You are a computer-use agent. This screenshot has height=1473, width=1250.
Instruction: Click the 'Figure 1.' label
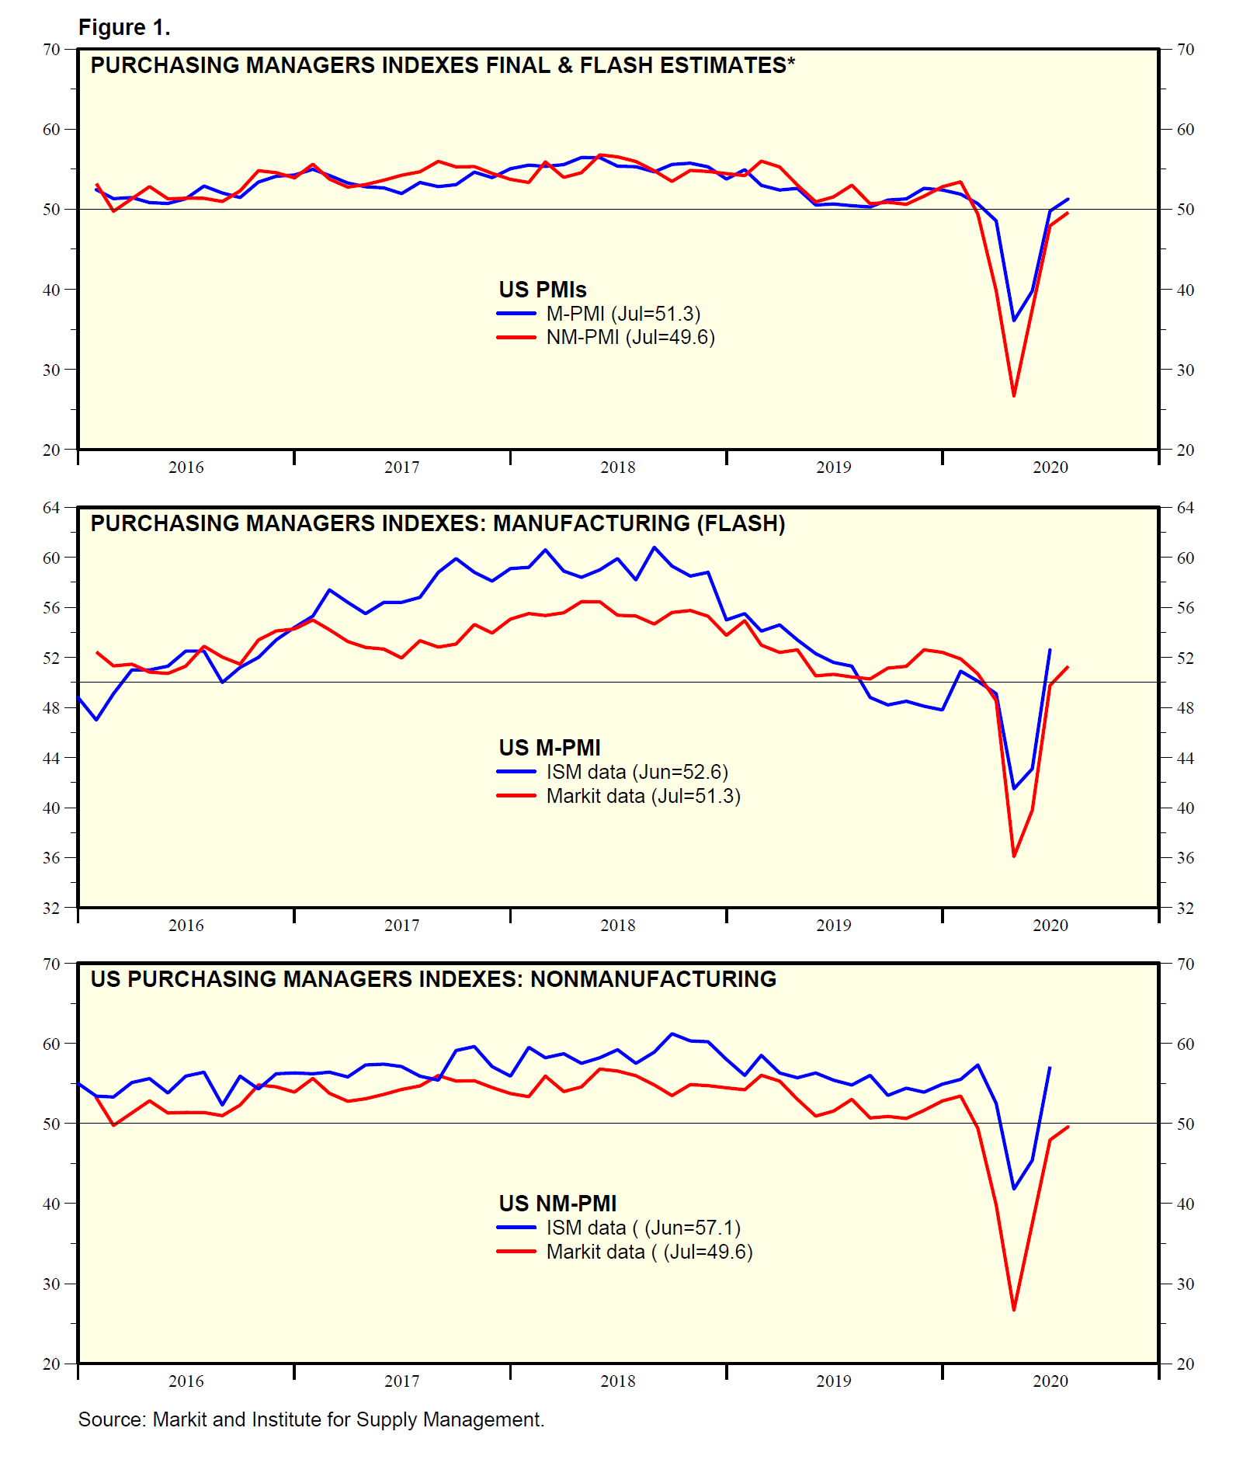click(124, 28)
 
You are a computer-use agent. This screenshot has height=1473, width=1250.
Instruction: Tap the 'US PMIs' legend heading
click(542, 290)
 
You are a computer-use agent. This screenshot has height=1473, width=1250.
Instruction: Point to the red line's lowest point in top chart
click(1014, 396)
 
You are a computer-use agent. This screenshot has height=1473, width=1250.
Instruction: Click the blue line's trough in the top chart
click(1014, 320)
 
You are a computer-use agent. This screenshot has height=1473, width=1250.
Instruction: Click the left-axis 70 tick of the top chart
click(51, 50)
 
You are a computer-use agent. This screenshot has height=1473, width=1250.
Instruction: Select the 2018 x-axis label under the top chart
click(617, 467)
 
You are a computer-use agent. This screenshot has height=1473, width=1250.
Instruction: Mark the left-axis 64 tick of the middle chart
click(51, 508)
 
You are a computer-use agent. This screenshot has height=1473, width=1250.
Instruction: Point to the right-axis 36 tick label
click(1185, 858)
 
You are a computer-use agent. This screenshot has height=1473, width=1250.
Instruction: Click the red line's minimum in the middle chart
click(1014, 856)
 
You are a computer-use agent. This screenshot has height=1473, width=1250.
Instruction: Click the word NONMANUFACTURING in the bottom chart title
click(653, 979)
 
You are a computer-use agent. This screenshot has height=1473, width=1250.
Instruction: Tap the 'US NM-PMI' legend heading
click(557, 1204)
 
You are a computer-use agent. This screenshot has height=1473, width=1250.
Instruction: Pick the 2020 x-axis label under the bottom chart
click(1050, 1381)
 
